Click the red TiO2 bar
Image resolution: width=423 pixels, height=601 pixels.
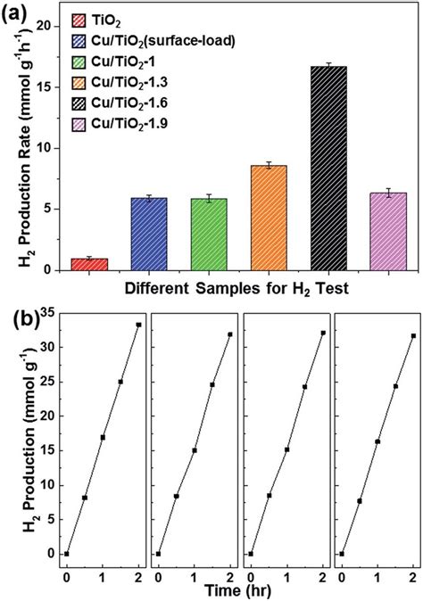(89, 264)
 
